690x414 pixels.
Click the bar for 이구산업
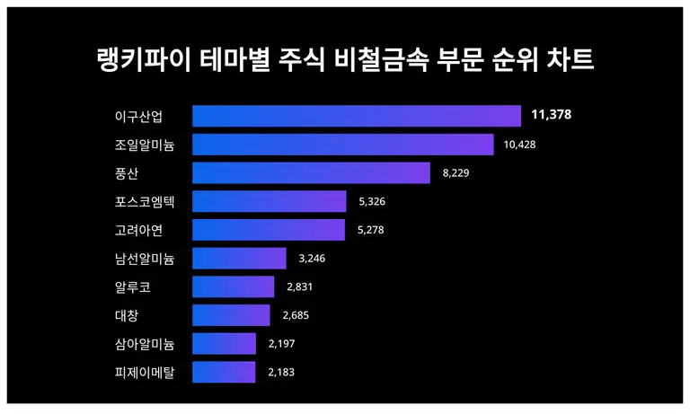point(357,116)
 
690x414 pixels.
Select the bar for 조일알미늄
point(343,145)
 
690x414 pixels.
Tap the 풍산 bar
point(311,172)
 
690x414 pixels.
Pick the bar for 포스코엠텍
point(270,201)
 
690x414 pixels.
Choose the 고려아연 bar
point(269,230)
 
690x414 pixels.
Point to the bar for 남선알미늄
point(239,259)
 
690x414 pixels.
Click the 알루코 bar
point(234,286)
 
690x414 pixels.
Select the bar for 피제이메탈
point(224,372)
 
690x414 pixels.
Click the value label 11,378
point(551,115)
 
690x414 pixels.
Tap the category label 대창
point(127,315)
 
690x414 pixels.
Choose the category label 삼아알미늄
point(145,344)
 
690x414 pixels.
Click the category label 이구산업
point(138,116)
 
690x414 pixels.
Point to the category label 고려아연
point(138,230)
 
